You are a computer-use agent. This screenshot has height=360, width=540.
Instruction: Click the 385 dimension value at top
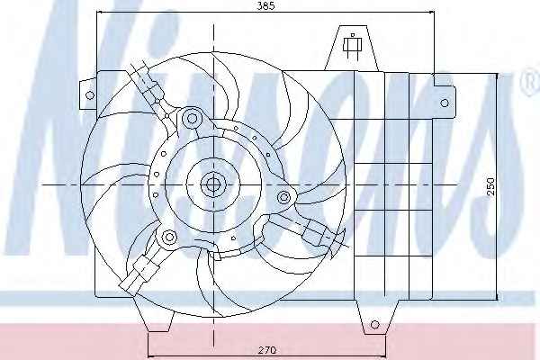[266, 6]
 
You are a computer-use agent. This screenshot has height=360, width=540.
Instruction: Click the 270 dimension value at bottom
[267, 350]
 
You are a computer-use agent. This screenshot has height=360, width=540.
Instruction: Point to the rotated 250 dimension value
[491, 186]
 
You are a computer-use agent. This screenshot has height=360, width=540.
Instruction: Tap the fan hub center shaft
[213, 185]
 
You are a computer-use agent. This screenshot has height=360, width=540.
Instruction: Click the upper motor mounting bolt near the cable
[192, 119]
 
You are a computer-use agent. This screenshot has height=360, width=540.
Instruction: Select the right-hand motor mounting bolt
[283, 197]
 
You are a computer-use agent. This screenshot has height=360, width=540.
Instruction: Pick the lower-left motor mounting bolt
[169, 237]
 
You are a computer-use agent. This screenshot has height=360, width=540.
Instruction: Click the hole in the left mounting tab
[89, 95]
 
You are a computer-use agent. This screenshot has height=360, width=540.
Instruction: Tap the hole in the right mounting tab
[445, 103]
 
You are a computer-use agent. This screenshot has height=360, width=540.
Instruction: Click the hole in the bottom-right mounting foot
[375, 324]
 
